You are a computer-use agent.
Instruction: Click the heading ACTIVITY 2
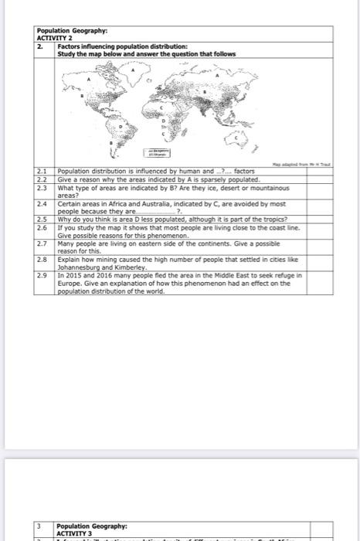pos(52,38)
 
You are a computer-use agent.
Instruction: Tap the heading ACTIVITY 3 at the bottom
pos(74,532)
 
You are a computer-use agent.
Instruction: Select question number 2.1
pos(43,170)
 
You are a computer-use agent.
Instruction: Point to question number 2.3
pos(43,188)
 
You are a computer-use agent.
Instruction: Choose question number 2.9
pos(43,274)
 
